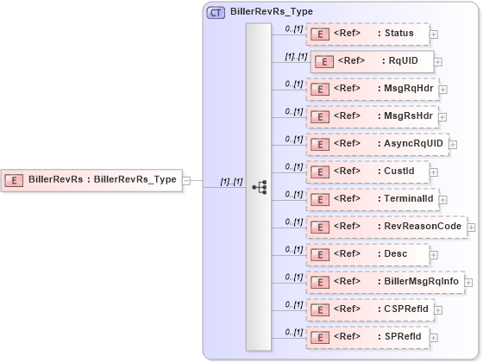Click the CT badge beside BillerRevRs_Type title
(x=216, y=12)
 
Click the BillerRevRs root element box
(x=91, y=180)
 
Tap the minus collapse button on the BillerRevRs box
(x=186, y=180)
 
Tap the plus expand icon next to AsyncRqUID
(x=453, y=145)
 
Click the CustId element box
(x=368, y=172)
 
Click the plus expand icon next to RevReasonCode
(x=471, y=227)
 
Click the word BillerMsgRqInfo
(x=419, y=282)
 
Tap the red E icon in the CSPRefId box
(x=320, y=309)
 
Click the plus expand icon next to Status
(x=434, y=34)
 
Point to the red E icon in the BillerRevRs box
(x=14, y=180)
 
